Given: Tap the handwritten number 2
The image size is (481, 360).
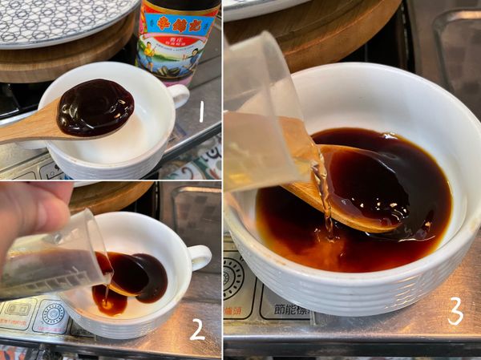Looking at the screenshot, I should (197, 328).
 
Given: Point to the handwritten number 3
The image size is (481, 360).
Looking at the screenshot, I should (455, 310).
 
